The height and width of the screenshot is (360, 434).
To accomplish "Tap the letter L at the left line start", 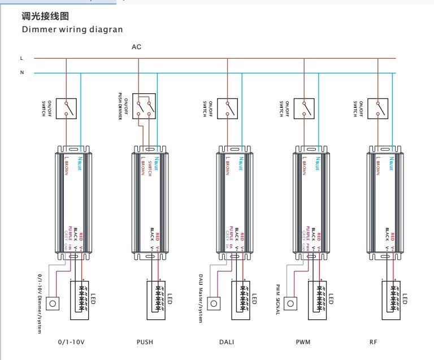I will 21,58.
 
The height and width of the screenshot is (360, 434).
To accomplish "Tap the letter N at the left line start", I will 21,73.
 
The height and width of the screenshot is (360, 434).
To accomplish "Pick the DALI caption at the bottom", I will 226,341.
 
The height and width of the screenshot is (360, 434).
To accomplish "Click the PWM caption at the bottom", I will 303,341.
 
